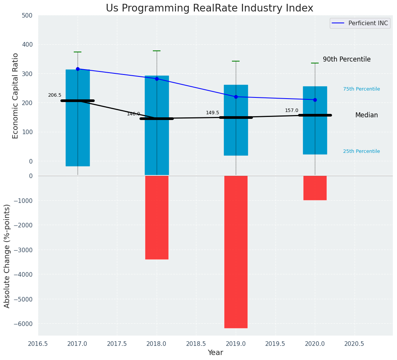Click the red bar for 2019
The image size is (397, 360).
pos(236,251)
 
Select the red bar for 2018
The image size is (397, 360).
pos(157,217)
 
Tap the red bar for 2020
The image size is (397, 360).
pos(315,188)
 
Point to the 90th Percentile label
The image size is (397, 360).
pos(347,60)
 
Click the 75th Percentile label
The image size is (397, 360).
pos(361,89)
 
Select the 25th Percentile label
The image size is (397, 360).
pos(361,151)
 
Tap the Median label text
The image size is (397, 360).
pos(366,115)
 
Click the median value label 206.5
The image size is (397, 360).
pos(55,95)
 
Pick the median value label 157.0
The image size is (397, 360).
pos(292,110)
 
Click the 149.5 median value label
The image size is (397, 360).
pos(212,113)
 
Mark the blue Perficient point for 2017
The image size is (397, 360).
pos(78,69)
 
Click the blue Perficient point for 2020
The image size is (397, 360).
pos(315,100)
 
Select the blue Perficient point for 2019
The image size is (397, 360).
pos(236,97)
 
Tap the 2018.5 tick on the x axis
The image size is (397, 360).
pos(196,344)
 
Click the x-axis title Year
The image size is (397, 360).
pos(215,353)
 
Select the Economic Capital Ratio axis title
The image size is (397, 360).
pos(15,96)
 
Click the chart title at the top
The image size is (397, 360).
pos(209,8)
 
